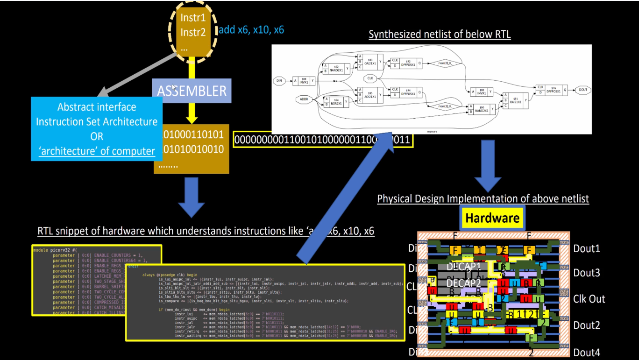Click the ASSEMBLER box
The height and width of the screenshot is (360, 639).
coord(192,91)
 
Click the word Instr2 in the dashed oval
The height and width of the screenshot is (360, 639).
coord(193,32)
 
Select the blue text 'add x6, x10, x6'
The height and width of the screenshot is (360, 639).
coord(251,30)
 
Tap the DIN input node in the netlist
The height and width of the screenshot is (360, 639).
coord(279,81)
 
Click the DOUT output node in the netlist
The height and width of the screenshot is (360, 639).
coord(582,90)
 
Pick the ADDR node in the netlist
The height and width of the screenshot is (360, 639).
coord(304,99)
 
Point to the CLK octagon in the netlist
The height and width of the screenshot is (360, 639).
coord(370,78)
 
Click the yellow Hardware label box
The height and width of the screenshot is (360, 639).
coord(492,218)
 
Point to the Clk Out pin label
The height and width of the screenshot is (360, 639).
coord(589,299)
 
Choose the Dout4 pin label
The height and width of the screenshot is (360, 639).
coord(587,353)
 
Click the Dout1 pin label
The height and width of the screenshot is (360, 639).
coord(587,248)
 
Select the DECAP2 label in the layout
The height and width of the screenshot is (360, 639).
coord(463,283)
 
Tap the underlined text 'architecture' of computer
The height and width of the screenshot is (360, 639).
coord(97,151)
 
